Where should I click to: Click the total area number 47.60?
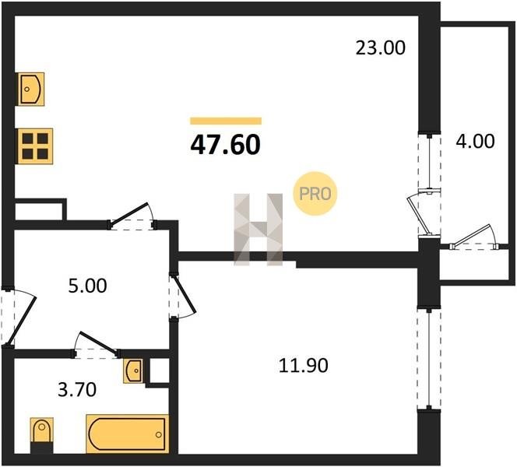(x=226, y=145)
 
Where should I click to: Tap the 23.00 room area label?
(x=381, y=47)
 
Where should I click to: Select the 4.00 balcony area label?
(x=475, y=141)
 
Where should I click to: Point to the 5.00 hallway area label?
(x=87, y=286)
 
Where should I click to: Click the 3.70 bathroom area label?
(x=77, y=389)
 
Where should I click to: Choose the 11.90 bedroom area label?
(x=304, y=366)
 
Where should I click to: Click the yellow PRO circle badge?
(x=315, y=194)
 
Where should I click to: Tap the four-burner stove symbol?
(x=35, y=146)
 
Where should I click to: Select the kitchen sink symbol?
(x=30, y=89)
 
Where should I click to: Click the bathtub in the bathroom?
(x=127, y=434)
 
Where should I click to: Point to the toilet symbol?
(x=41, y=435)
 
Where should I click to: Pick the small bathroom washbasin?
(x=134, y=370)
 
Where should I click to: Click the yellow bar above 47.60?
(x=226, y=121)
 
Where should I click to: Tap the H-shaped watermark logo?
(x=258, y=230)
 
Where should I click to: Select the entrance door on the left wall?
(x=17, y=318)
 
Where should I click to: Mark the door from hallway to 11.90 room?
(x=182, y=297)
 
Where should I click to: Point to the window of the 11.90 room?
(x=429, y=360)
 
